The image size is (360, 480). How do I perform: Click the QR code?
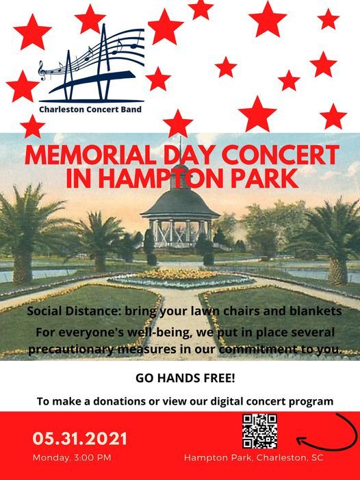point(259,431)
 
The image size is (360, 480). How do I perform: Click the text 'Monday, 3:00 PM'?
point(72,457)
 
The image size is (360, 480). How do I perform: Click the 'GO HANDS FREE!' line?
point(180,379)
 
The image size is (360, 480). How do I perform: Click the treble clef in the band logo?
point(42,69)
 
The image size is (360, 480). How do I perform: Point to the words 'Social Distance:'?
point(68,312)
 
